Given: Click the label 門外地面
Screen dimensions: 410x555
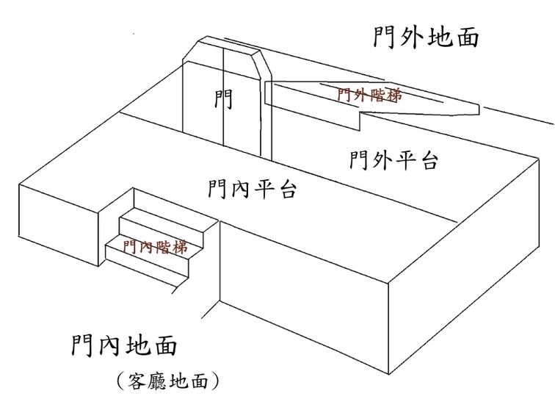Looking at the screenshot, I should click(x=425, y=35).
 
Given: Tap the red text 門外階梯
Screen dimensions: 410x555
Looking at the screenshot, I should click(x=369, y=95).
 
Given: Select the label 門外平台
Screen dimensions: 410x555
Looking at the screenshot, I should click(x=394, y=159).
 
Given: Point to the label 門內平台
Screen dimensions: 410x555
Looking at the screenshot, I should click(x=252, y=190).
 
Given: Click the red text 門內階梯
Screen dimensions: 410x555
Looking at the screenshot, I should click(x=155, y=247).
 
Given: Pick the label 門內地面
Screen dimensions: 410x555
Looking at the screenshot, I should click(x=125, y=345).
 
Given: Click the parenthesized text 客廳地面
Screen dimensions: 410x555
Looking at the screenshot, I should click(x=167, y=381).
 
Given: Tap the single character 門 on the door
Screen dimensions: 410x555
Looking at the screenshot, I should click(x=223, y=99).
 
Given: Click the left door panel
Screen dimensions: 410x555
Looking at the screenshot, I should click(x=202, y=110).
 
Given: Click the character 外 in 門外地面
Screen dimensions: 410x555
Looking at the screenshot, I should click(x=410, y=35).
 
